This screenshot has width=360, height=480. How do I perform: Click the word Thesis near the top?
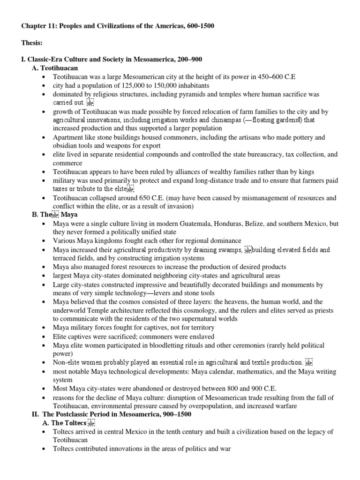(31, 43)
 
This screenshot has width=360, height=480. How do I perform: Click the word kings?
(306, 172)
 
